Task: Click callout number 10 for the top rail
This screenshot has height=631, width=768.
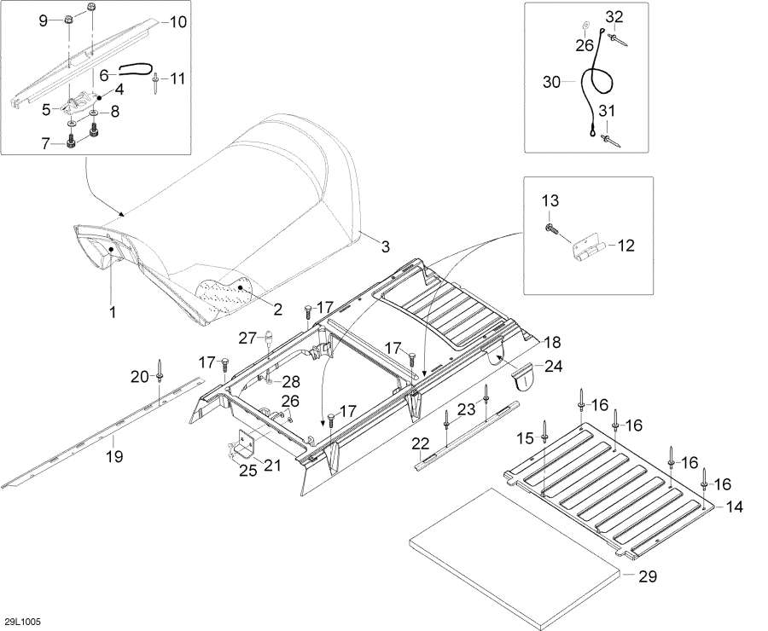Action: (x=177, y=22)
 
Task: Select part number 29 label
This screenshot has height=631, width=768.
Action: (x=647, y=576)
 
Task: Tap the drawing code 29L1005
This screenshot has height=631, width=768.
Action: (x=22, y=622)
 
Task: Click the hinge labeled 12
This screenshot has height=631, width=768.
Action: (x=590, y=247)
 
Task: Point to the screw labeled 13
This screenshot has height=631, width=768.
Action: (x=551, y=229)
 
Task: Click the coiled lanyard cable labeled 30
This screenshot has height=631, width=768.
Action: (x=597, y=84)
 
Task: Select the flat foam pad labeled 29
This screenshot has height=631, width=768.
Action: (x=514, y=557)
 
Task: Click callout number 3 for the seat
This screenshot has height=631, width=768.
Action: (x=386, y=246)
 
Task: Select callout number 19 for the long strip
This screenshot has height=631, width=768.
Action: (x=114, y=457)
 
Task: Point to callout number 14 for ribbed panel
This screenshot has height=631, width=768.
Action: (x=734, y=507)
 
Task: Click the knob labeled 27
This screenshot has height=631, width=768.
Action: (x=269, y=338)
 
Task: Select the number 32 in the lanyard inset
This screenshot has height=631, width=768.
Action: (x=614, y=17)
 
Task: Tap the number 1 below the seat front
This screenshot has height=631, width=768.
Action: (x=113, y=312)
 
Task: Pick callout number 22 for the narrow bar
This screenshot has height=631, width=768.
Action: (x=420, y=444)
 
